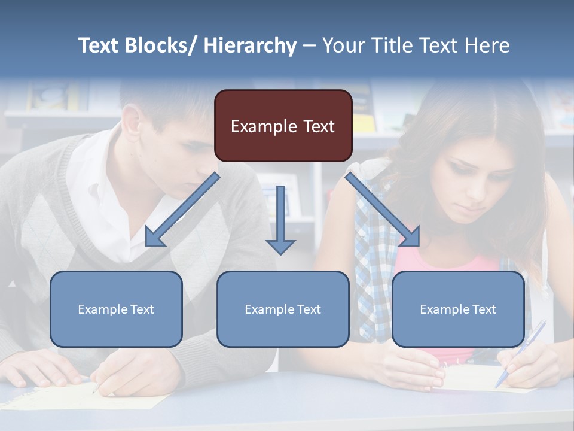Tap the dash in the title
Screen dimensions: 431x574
309,46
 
